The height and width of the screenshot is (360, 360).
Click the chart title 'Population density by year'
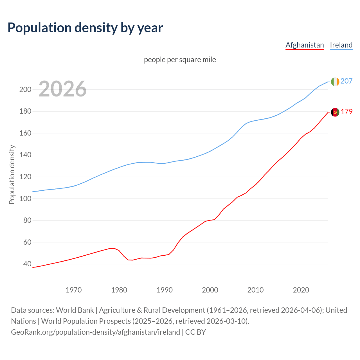tap(85, 28)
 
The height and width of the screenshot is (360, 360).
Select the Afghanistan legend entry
tap(305, 45)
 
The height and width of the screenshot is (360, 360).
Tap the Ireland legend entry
tap(341, 45)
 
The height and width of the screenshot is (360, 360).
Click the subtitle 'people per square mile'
tap(180, 60)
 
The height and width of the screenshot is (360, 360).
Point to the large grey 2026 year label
tap(62, 89)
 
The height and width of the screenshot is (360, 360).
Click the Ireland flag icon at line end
tap(335, 82)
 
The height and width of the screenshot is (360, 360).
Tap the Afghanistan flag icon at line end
tap(335, 112)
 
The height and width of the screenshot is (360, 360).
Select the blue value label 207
tap(346, 81)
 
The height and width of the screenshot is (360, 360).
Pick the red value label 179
tap(346, 112)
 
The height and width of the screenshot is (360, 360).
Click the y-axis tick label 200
tap(25, 90)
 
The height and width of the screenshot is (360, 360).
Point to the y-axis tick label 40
tap(27, 264)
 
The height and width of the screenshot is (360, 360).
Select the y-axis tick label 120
tap(25, 177)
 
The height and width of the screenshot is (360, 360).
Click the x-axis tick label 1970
tap(74, 290)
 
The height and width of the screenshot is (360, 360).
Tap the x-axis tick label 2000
tap(210, 290)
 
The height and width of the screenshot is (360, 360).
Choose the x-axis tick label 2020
tap(301, 290)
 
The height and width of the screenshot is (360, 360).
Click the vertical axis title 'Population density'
tap(12, 174)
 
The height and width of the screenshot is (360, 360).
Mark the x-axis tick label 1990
tap(165, 290)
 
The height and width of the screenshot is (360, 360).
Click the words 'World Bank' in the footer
tap(75, 310)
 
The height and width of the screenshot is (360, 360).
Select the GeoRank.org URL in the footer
tap(95, 332)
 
